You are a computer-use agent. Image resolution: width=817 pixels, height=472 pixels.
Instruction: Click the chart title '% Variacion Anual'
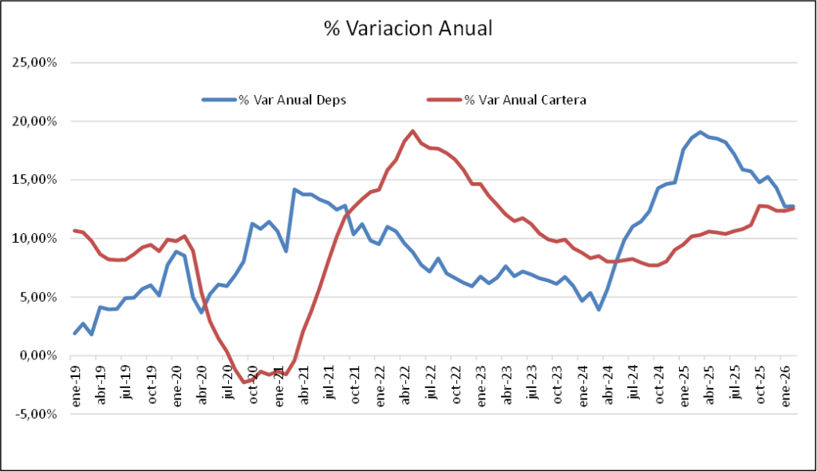coord(408,29)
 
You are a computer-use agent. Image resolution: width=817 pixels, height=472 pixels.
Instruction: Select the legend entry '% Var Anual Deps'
coord(292,100)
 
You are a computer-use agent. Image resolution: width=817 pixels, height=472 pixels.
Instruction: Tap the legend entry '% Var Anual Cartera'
coord(526,100)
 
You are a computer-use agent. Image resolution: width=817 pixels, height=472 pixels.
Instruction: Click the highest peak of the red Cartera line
coord(412,131)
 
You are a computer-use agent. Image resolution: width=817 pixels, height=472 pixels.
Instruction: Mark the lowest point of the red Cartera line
coord(244,382)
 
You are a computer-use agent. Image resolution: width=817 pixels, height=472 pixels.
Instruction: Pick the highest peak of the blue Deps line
coord(700,133)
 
